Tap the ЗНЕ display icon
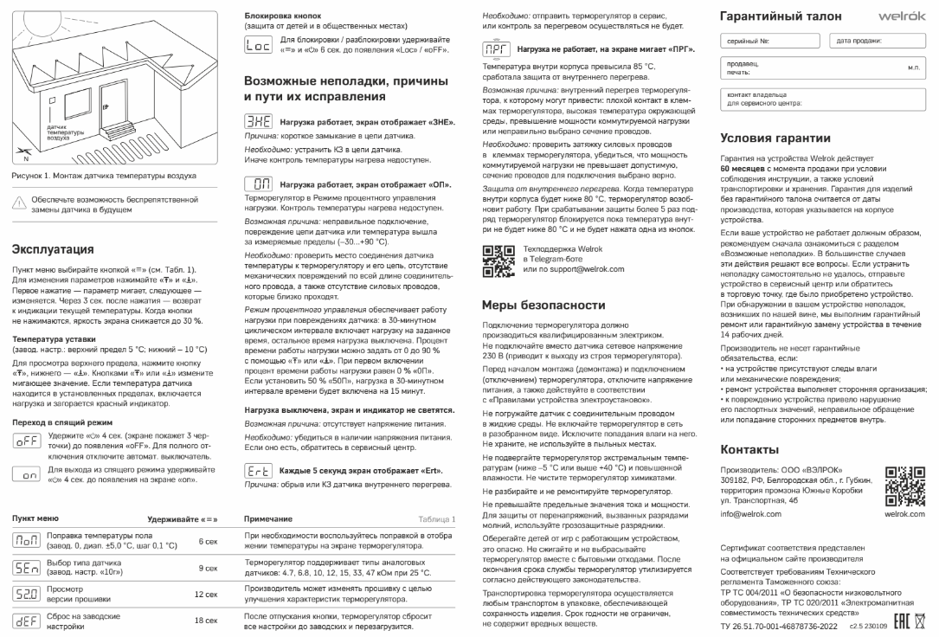(x=258, y=123)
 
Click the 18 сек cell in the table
(x=205, y=620)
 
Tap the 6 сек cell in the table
(x=208, y=541)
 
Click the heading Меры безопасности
(x=543, y=305)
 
